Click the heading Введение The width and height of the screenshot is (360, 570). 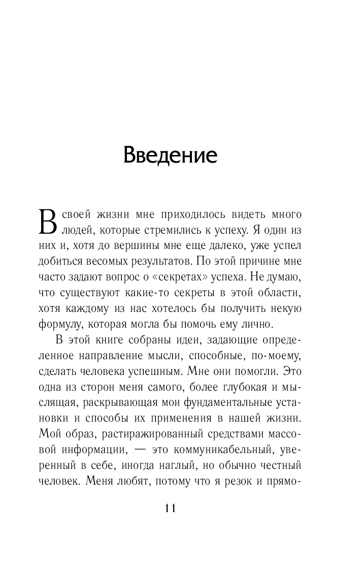(x=170, y=155)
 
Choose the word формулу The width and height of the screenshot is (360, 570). (x=59, y=324)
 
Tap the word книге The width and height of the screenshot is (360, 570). (x=120, y=339)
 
